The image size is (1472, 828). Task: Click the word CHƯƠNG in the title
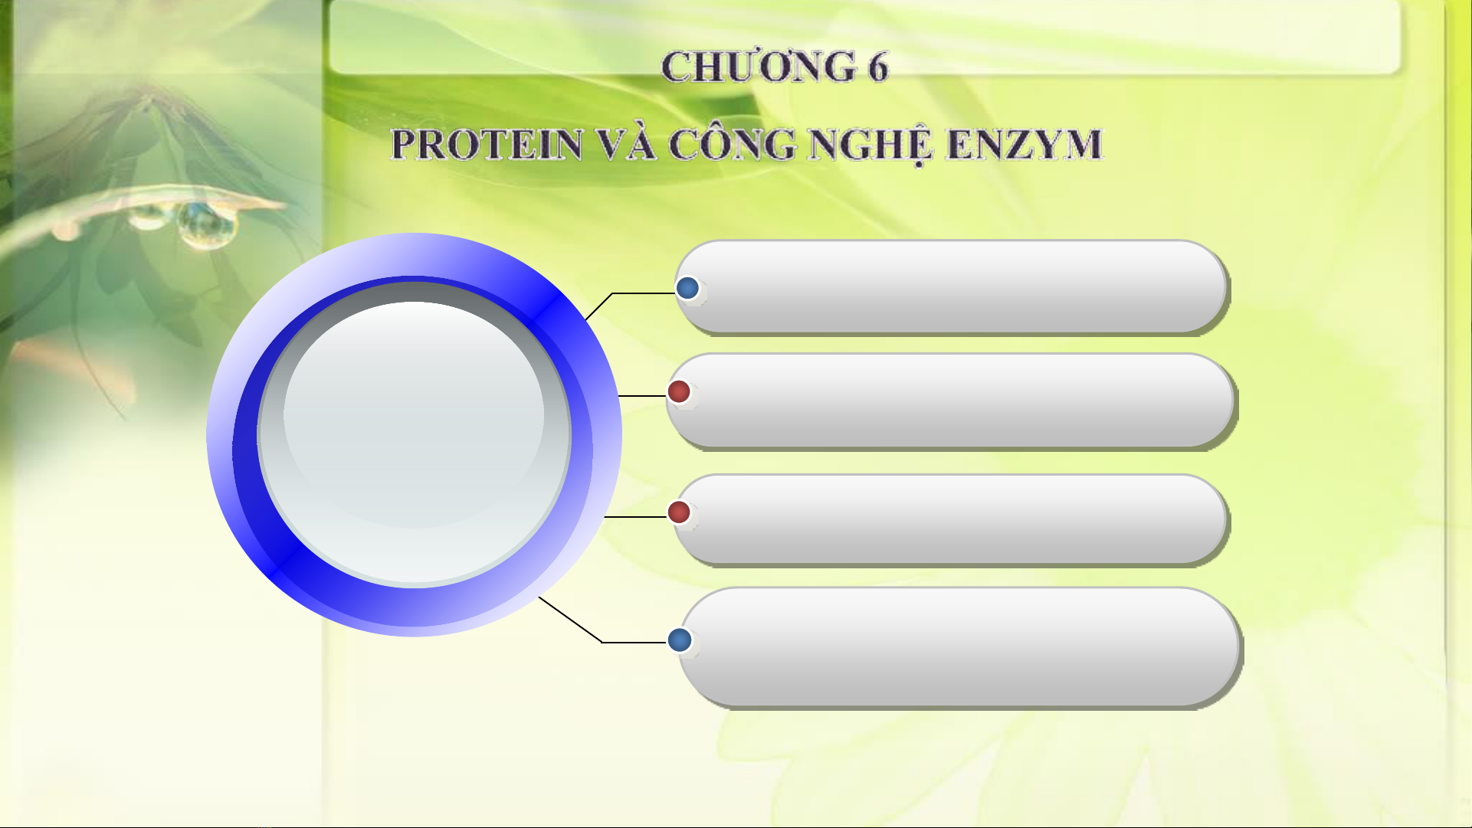(759, 67)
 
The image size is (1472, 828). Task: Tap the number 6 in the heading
(878, 67)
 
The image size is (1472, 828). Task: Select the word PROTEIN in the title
(487, 145)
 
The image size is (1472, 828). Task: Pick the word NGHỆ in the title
(872, 146)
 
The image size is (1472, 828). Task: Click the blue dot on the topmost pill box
(687, 288)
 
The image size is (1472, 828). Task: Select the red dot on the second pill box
(679, 391)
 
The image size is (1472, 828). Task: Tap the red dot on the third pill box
(679, 512)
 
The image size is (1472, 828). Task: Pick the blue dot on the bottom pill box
(680, 640)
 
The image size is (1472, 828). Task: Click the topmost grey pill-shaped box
(952, 287)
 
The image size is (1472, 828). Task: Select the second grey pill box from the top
(951, 401)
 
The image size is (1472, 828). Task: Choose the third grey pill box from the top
(951, 520)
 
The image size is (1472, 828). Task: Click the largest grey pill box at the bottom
(959, 647)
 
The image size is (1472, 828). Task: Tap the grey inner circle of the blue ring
(414, 434)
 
